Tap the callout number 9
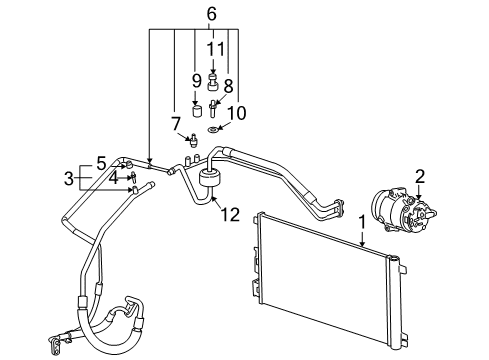pyautogui.click(x=196, y=79)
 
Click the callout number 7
pyautogui.click(x=175, y=123)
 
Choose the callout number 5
pyautogui.click(x=101, y=162)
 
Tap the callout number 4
pyautogui.click(x=113, y=178)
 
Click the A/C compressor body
pyautogui.click(x=394, y=215)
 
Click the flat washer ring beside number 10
pyautogui.click(x=214, y=130)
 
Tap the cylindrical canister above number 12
pyautogui.click(x=211, y=180)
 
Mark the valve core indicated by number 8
pyautogui.click(x=214, y=105)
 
